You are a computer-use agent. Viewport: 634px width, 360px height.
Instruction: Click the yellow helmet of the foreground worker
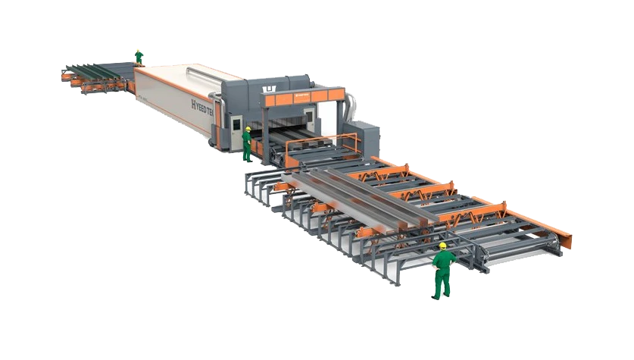(x=442, y=246)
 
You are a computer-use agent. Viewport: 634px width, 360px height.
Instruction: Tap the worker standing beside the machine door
(x=247, y=144)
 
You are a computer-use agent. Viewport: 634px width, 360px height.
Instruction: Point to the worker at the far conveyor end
(x=138, y=55)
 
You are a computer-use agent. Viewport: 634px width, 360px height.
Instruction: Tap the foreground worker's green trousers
(x=442, y=284)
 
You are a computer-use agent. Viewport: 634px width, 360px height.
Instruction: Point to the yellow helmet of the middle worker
(x=248, y=129)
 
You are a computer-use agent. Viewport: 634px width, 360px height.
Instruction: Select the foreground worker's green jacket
(x=442, y=261)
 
